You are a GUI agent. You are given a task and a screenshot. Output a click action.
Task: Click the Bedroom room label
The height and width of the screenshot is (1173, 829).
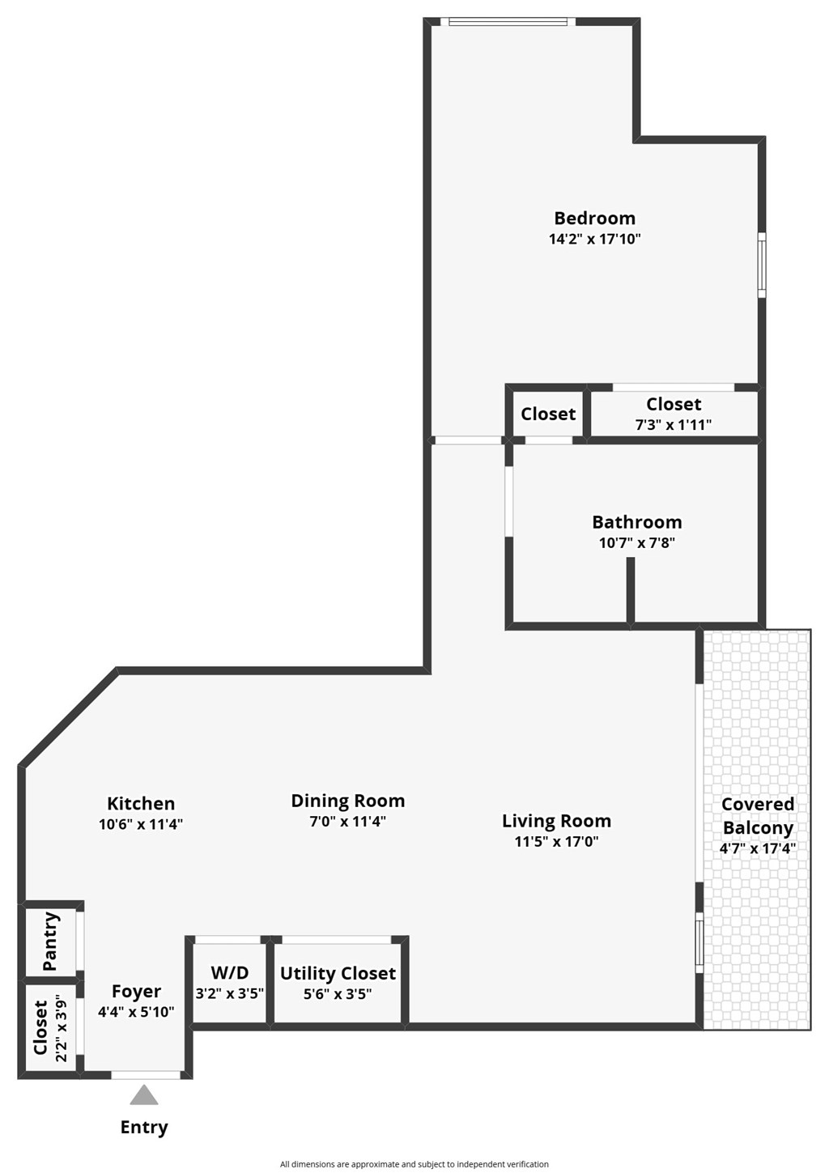click(x=594, y=218)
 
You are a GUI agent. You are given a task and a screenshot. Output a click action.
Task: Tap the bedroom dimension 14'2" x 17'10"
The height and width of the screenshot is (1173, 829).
click(x=594, y=239)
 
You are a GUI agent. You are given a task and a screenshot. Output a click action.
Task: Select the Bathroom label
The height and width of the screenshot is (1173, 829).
click(x=636, y=522)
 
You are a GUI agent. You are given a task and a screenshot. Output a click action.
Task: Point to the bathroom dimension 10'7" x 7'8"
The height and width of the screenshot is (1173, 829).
click(x=636, y=543)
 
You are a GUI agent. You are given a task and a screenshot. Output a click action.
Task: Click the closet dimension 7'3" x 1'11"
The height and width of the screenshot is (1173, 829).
click(x=674, y=424)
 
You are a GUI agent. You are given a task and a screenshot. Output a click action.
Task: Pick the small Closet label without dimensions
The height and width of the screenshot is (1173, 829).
click(x=548, y=414)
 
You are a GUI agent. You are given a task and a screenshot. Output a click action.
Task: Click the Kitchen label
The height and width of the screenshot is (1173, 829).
click(x=141, y=803)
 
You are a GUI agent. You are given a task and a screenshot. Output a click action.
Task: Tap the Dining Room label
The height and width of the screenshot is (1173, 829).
click(x=347, y=801)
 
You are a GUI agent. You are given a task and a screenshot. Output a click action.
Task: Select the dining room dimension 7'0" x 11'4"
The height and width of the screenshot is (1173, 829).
click(x=347, y=821)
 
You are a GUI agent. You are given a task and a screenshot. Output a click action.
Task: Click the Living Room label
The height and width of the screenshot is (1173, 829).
click(x=556, y=821)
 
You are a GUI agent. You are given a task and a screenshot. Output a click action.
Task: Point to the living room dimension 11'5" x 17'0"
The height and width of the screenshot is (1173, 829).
click(x=556, y=841)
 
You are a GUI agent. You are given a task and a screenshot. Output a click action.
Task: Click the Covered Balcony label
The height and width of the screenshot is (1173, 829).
click(x=757, y=816)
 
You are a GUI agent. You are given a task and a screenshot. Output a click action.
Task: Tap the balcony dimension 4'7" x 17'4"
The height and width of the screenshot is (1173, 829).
click(x=757, y=848)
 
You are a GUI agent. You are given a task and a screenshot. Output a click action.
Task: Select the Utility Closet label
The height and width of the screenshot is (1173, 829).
click(x=338, y=973)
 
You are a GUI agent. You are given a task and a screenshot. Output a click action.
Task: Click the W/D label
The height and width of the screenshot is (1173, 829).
click(x=229, y=973)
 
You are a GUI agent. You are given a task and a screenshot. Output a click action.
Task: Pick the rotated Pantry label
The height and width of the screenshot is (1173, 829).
click(x=50, y=941)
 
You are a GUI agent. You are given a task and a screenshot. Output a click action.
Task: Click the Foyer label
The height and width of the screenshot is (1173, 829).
click(x=136, y=992)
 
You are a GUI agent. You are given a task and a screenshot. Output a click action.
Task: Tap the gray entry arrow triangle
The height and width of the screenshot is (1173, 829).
click(x=144, y=1096)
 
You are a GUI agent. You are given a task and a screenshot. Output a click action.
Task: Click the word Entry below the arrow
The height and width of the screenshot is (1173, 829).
click(x=144, y=1127)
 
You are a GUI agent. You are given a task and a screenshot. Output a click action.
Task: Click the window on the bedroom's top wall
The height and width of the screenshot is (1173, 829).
click(x=508, y=22)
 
